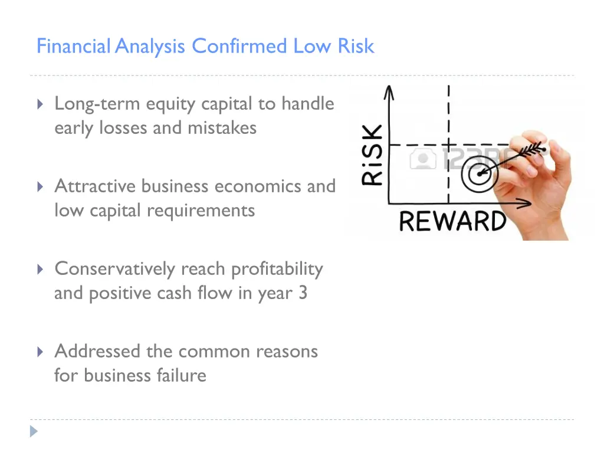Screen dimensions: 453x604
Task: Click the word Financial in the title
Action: (73, 46)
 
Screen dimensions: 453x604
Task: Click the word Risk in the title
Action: (356, 46)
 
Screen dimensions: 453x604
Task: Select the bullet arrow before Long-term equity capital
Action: (40, 104)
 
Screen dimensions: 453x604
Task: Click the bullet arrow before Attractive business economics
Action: (40, 187)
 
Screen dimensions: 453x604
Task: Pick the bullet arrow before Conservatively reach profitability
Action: (40, 270)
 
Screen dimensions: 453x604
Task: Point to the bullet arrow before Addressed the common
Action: (40, 352)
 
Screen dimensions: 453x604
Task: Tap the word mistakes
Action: (222, 127)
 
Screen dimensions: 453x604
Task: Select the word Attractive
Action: (95, 186)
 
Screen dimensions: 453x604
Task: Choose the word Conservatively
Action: (115, 269)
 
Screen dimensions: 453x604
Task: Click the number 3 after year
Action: (303, 293)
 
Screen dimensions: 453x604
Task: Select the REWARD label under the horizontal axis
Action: (452, 221)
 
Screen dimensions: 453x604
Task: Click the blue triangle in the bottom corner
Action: (34, 431)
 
